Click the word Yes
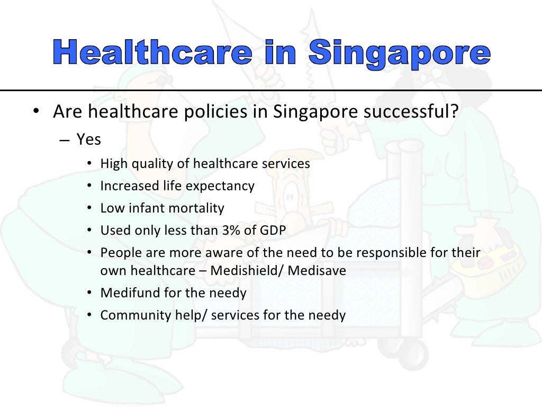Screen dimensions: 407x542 pos(88,139)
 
